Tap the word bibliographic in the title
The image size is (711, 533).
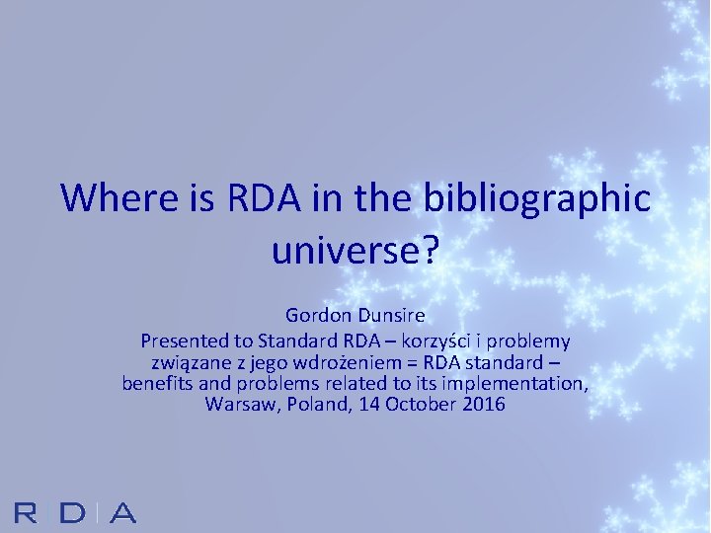tap(535, 198)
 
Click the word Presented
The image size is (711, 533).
tap(185, 342)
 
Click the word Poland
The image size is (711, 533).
tap(312, 404)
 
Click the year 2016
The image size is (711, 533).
tap(483, 404)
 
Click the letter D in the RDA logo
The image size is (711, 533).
tap(72, 512)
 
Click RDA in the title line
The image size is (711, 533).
tap(264, 197)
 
